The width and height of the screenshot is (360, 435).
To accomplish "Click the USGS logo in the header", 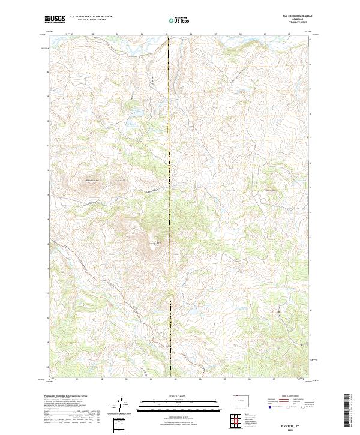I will click(x=55, y=19).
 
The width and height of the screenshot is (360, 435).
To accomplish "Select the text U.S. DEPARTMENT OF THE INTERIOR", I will click(x=91, y=17).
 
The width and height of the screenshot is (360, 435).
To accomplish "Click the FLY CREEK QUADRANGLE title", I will click(x=298, y=16).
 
